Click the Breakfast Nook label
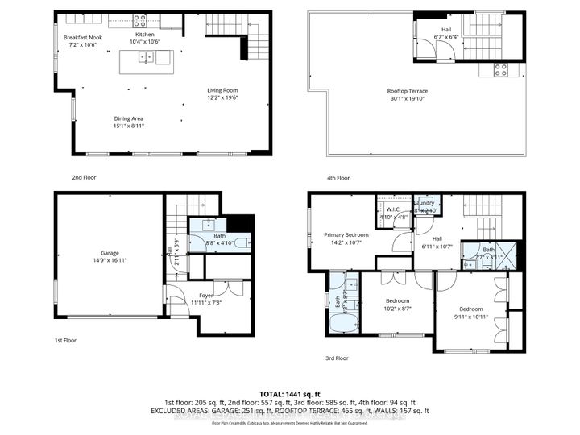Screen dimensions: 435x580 (x=84, y=38)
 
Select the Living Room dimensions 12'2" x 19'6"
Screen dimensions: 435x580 (x=222, y=97)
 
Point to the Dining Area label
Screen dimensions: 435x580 (x=129, y=118)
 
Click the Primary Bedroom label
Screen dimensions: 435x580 (x=346, y=235)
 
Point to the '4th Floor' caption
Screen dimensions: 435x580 (x=338, y=177)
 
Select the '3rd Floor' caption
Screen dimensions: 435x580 (x=338, y=358)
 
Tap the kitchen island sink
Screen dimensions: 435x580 (x=146, y=57)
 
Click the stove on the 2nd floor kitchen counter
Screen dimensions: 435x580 (x=139, y=21)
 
